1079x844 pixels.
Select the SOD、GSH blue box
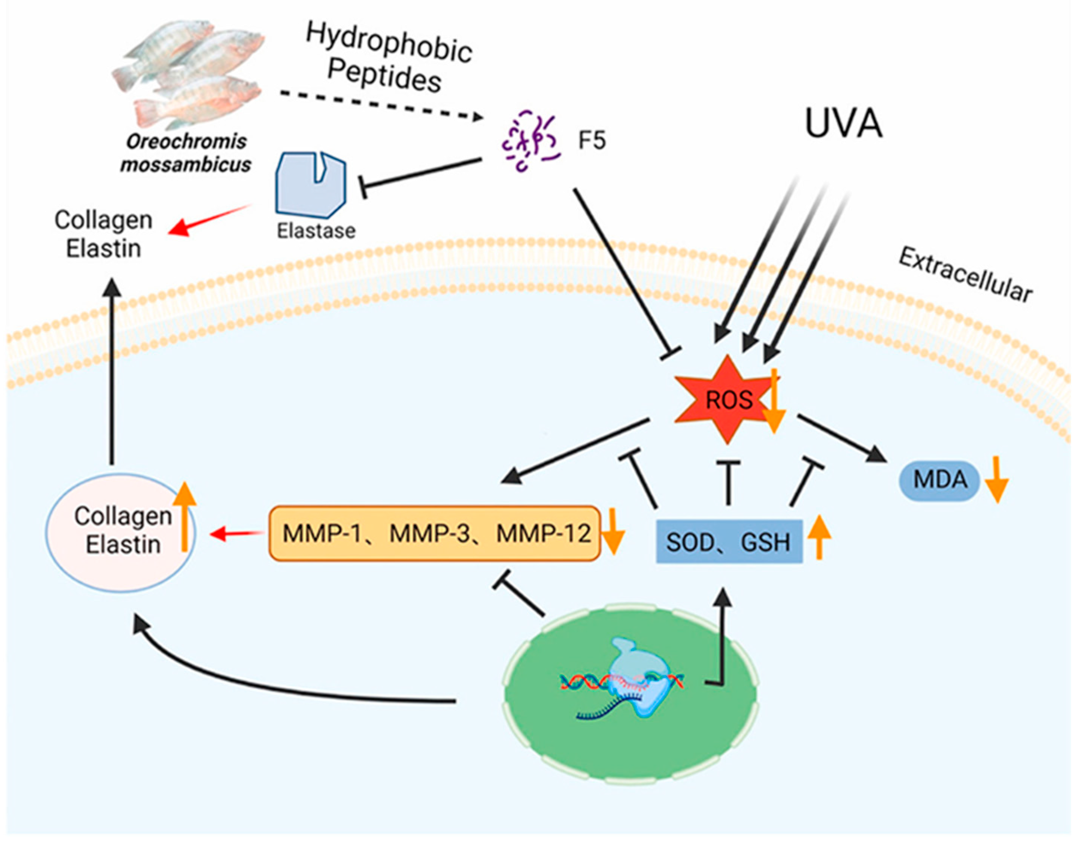[729, 542]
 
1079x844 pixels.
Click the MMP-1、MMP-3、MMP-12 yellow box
[435, 534]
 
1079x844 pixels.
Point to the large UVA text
[843, 123]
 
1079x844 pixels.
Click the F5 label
[591, 141]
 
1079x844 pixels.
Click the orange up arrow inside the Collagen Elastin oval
[184, 516]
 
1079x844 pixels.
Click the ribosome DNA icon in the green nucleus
[630, 685]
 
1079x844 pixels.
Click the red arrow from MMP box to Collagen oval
[237, 534]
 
